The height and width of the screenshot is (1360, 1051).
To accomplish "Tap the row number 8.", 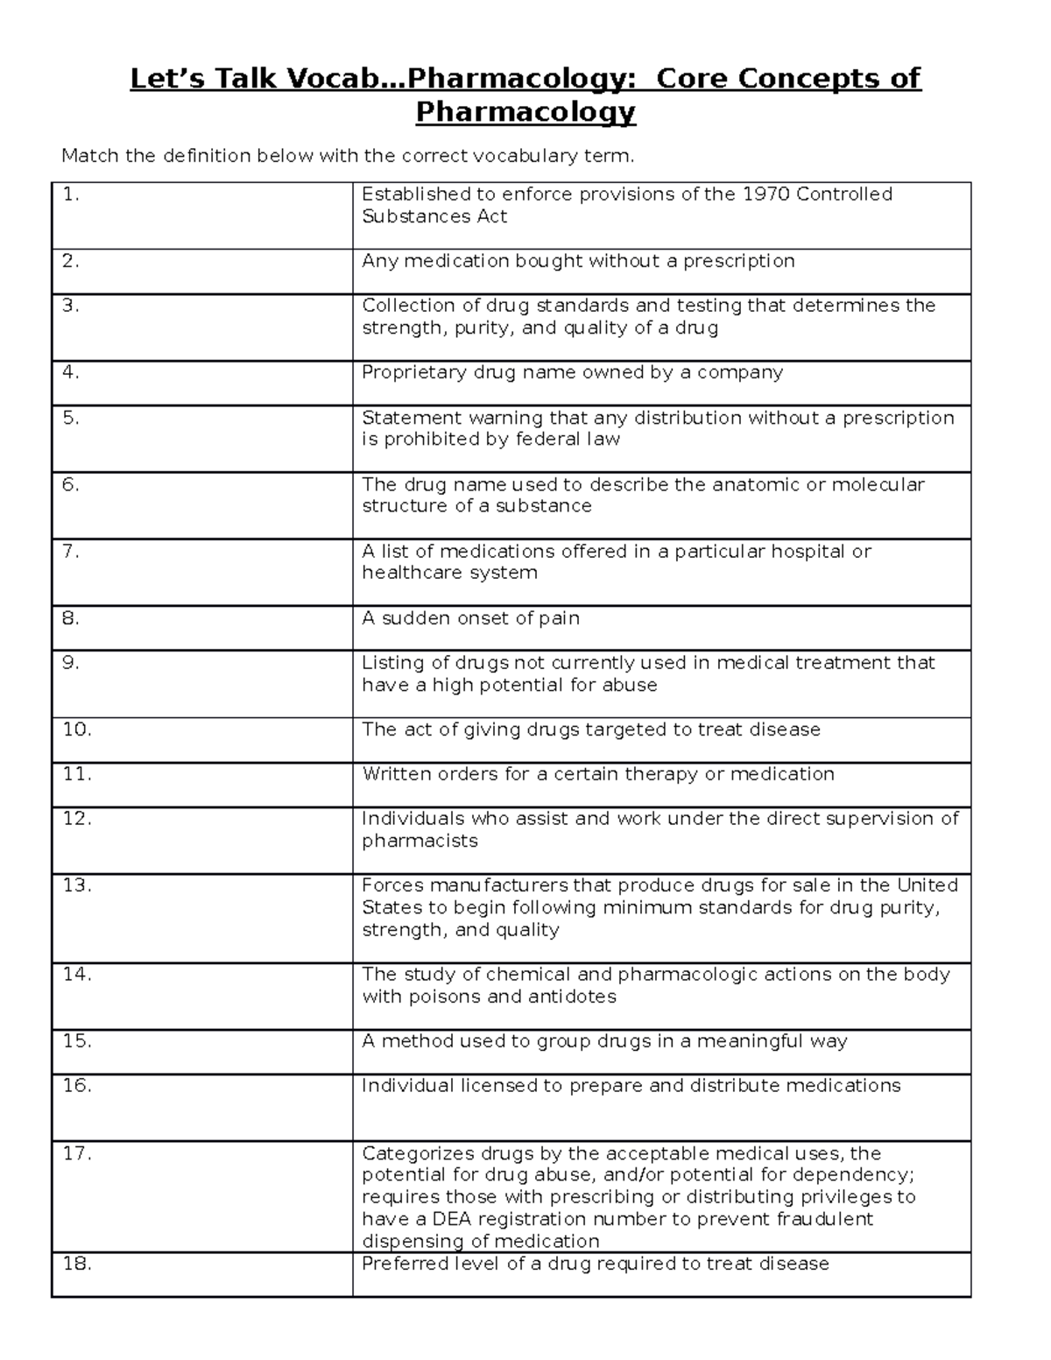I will click(x=71, y=618).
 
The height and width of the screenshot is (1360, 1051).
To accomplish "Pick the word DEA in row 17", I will click(x=454, y=1219).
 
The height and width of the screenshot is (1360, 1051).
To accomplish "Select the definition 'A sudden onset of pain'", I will click(x=470, y=618).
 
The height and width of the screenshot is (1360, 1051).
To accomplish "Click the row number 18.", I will click(x=77, y=1264).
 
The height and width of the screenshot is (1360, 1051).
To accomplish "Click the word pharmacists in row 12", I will click(x=420, y=841).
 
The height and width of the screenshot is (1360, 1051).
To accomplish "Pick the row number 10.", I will click(x=77, y=729).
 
